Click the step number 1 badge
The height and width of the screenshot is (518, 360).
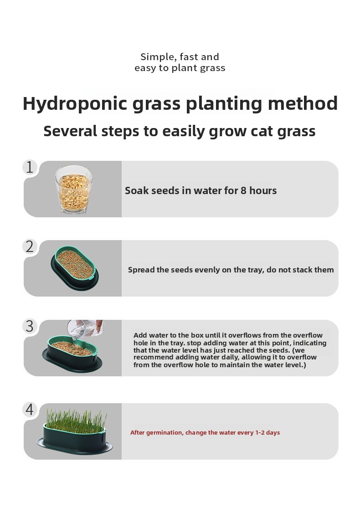pos(30,167)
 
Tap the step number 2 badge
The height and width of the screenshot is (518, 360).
pos(30,247)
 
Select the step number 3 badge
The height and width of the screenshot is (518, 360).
pos(30,326)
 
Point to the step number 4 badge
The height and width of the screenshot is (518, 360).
pos(30,410)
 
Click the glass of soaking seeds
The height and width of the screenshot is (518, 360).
pos(74,189)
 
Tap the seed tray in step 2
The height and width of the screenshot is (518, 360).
pos(75,268)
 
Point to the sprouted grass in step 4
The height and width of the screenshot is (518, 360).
pos(76,420)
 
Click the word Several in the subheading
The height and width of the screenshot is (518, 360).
pos(70,131)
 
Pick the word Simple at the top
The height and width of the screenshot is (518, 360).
pos(157,57)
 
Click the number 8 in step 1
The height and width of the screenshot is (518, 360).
pos(243,190)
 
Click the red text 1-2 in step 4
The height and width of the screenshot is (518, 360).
pos(260,432)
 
